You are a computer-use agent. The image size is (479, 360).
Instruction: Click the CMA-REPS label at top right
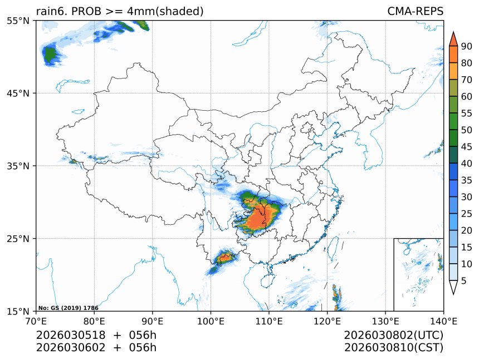tap(415, 11)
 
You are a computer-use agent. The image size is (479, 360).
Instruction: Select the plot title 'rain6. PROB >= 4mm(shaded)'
tap(120, 11)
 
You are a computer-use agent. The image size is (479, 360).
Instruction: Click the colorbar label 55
tap(466, 114)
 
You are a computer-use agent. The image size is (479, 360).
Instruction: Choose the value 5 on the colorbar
tap(464, 281)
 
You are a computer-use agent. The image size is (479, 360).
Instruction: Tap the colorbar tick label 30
tap(466, 197)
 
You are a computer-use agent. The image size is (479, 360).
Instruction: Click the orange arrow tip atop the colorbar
tap(453, 38)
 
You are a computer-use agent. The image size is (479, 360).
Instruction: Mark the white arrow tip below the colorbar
tap(453, 287)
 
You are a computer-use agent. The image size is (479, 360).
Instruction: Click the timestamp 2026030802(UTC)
tap(393, 336)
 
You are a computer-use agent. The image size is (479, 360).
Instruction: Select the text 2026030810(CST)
tap(393, 348)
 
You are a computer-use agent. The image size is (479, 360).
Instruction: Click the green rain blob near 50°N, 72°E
tap(50, 54)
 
